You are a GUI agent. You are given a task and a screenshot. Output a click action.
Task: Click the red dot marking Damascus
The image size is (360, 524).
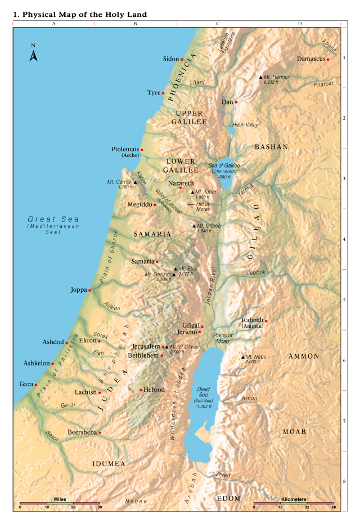328,59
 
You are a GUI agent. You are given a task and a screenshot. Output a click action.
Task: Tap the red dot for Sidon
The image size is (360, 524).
182,59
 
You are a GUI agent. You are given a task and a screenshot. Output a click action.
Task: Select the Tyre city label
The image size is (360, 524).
154,93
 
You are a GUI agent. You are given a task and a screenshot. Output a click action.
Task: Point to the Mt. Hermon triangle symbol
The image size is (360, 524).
260,76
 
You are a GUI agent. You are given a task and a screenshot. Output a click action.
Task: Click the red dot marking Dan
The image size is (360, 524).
236,102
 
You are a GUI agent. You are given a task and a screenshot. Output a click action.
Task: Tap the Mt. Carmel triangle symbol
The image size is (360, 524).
136,182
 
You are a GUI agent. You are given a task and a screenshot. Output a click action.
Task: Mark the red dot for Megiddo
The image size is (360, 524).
155,205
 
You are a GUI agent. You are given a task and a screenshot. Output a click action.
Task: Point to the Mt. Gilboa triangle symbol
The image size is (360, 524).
195,225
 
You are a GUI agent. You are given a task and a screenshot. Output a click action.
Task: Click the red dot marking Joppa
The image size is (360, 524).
89,291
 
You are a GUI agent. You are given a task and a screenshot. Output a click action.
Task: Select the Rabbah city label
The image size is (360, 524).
252,320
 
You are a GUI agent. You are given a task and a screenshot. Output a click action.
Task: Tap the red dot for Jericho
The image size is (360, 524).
200,332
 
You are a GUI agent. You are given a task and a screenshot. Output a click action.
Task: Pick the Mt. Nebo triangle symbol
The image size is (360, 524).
242,357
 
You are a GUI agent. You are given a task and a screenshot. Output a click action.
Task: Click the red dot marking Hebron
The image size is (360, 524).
141,390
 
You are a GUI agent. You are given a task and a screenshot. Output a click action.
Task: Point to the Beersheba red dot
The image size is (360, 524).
100,432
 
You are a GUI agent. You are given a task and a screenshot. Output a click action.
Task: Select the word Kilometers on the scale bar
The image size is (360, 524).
294,499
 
